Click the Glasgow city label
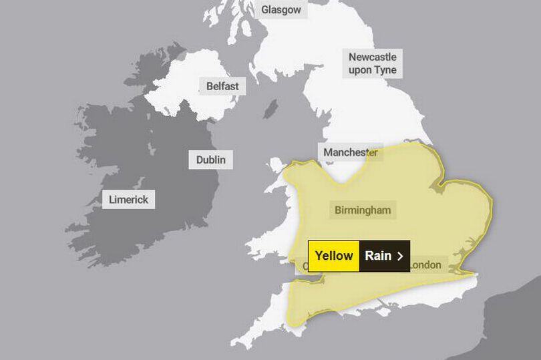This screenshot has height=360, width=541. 281,9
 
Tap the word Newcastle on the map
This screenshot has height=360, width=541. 372,57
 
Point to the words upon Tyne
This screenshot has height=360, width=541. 372,70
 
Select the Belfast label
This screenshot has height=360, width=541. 222,86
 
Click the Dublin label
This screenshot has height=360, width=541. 210,160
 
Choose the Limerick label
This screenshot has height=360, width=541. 128,199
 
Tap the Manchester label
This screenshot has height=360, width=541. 350,152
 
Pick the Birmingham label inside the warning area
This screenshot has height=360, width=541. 362,210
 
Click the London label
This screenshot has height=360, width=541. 425,265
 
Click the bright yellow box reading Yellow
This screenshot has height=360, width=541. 333,256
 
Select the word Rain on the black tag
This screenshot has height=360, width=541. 378,256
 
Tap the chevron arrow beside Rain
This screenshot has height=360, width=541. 400,256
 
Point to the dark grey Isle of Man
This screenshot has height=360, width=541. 270,109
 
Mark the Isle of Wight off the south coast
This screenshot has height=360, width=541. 383,309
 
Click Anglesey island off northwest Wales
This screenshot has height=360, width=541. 276,164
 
